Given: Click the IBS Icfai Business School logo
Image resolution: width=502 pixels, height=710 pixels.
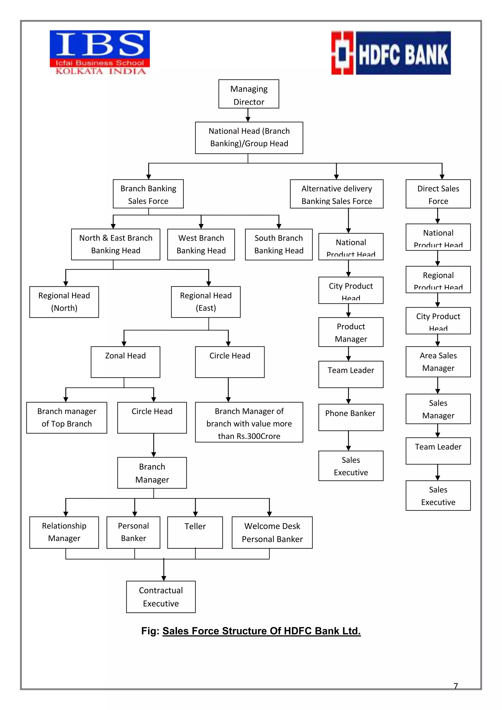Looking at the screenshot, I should [100, 52].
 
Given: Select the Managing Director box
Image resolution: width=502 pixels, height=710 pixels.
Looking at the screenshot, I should [249, 94].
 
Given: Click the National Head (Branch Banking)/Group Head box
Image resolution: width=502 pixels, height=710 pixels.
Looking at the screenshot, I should [249, 138].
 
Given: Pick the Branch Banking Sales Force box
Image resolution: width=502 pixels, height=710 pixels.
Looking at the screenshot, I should [148, 194].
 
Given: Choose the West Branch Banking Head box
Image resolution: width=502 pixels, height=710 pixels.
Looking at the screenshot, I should [201, 244].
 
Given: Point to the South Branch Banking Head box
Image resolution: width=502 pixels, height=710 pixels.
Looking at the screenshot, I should [278, 244].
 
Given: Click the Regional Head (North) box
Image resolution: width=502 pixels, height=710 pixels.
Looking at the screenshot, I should [64, 302].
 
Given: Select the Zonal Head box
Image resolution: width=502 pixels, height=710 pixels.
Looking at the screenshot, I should [125, 362].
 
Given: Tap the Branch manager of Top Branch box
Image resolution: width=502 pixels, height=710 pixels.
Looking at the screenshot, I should [66, 418].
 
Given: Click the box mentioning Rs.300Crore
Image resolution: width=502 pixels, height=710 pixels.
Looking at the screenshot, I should [249, 422].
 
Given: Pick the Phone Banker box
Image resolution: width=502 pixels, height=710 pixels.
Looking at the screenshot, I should [351, 417].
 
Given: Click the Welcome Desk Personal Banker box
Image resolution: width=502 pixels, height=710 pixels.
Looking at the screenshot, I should [272, 532].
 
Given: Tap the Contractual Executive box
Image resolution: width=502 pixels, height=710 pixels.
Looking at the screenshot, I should [161, 596].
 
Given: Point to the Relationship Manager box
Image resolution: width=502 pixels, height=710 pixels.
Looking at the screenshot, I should [64, 532].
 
